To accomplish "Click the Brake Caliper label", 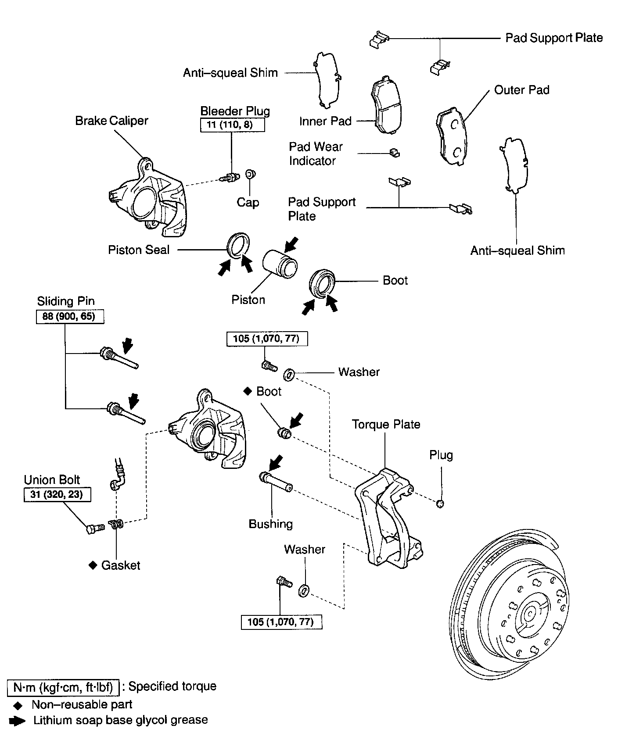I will pyautogui.click(x=111, y=121).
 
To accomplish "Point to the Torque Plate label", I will pyautogui.click(x=386, y=424).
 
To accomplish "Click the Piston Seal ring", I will pyautogui.click(x=238, y=245).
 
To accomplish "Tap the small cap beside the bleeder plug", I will pyautogui.click(x=250, y=174).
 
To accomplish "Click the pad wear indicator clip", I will pyautogui.click(x=395, y=152).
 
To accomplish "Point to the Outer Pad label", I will pyautogui.click(x=521, y=90).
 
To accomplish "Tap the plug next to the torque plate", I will pyautogui.click(x=440, y=503).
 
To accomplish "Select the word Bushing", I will pyautogui.click(x=270, y=524).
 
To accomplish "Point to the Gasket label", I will pyautogui.click(x=120, y=565).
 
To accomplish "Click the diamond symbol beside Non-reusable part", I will pyautogui.click(x=18, y=705).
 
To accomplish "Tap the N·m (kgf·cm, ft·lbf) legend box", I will pyautogui.click(x=63, y=687).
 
